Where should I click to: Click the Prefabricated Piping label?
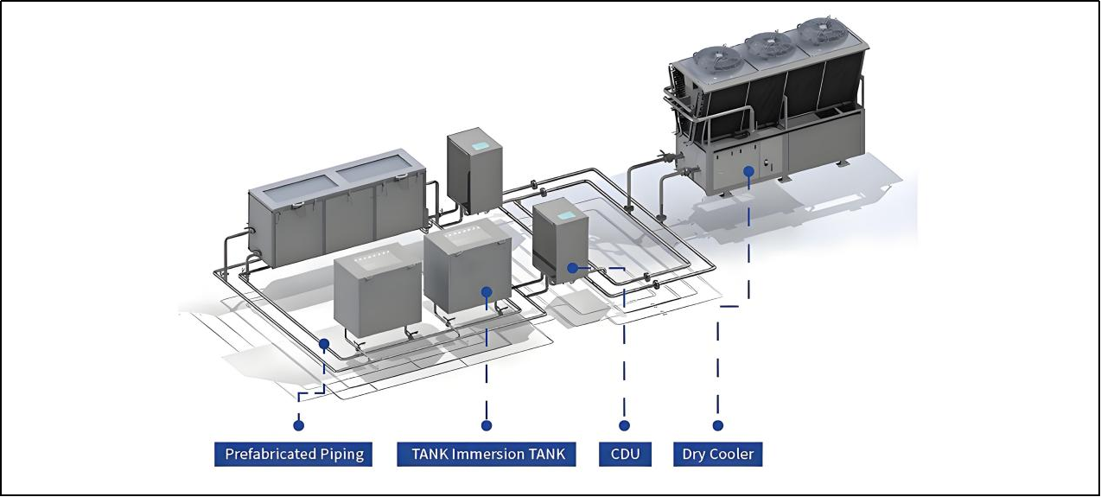pyautogui.click(x=294, y=454)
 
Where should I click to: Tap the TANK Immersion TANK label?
pyautogui.click(x=487, y=454)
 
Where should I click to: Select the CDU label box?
pyautogui.click(x=625, y=454)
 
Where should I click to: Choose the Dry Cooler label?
pyautogui.click(x=717, y=454)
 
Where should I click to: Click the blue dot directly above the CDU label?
pyautogui.click(x=624, y=425)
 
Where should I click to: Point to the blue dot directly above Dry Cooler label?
pyautogui.click(x=717, y=425)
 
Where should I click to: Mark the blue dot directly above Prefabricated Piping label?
pyautogui.click(x=298, y=425)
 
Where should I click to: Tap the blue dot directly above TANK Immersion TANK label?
pyautogui.click(x=487, y=425)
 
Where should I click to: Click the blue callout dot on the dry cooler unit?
pyautogui.click(x=748, y=171)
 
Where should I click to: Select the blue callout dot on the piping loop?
pyautogui.click(x=324, y=344)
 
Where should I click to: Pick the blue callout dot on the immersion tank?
pyautogui.click(x=487, y=292)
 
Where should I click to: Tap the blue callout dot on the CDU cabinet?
pyautogui.click(x=572, y=268)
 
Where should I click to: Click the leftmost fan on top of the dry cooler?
pyautogui.click(x=718, y=60)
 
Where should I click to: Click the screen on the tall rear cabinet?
pyautogui.click(x=480, y=146)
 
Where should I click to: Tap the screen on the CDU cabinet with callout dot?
pyautogui.click(x=566, y=215)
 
